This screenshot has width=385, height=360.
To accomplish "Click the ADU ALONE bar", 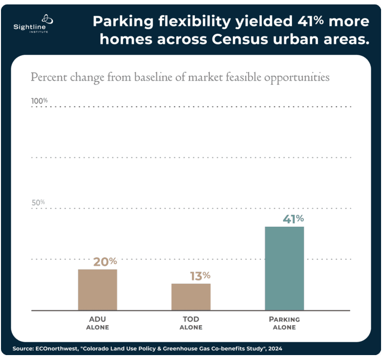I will click(97, 290).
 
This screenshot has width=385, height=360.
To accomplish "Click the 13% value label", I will click(200, 276).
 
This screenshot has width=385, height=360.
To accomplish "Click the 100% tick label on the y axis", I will click(39, 101).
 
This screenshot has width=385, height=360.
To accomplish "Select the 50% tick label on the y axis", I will click(38, 202).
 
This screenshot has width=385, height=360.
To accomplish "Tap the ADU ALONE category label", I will click(97, 323).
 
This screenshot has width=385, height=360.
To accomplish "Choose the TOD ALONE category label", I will click(191, 323).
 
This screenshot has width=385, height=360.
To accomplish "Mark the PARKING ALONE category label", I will click(284, 323).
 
